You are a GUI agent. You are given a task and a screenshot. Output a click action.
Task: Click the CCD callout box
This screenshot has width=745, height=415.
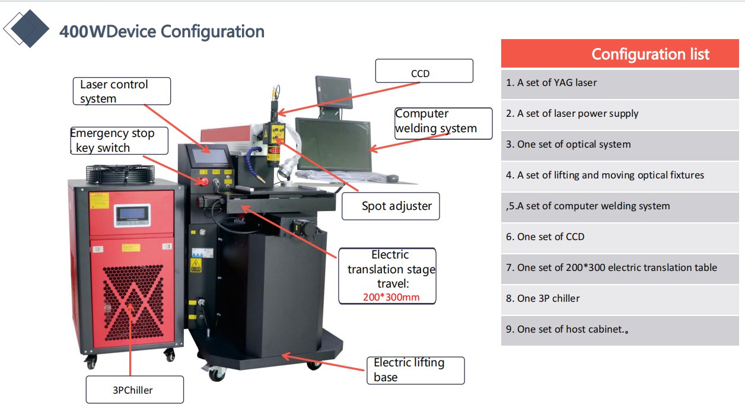click(x=424, y=71)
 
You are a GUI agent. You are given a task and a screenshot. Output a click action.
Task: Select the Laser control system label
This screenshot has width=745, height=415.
click(x=122, y=91)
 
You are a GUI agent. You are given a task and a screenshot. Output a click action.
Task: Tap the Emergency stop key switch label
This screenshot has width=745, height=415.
click(x=118, y=141)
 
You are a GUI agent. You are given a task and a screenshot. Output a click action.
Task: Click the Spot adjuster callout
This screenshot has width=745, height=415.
click(x=391, y=206)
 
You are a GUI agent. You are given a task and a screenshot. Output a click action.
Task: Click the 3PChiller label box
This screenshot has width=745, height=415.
click(x=135, y=390)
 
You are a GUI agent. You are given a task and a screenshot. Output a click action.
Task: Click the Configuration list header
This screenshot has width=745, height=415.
click(x=620, y=54)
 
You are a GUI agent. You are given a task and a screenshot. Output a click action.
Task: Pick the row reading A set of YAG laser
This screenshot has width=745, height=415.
click(x=620, y=83)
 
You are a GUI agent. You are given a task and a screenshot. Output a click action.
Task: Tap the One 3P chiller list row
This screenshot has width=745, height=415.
click(x=620, y=299)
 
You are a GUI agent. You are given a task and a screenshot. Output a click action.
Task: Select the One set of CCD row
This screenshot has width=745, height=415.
click(x=620, y=237)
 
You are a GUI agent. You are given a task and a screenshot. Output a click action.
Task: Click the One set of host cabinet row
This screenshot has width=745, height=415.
click(x=620, y=330)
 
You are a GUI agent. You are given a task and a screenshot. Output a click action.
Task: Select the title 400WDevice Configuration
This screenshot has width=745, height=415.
click(x=162, y=31)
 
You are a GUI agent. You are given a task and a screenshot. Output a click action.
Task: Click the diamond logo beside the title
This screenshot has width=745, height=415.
click(x=26, y=28)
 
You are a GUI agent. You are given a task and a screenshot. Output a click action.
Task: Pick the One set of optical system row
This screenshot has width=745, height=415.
click(x=620, y=145)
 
